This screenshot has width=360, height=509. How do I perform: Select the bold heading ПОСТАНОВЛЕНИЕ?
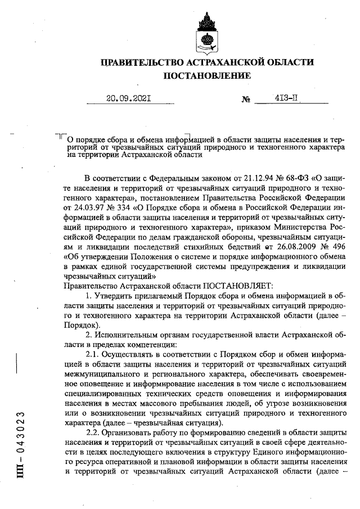click(x=206, y=75)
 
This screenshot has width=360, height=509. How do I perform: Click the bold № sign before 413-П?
click(x=246, y=100)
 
